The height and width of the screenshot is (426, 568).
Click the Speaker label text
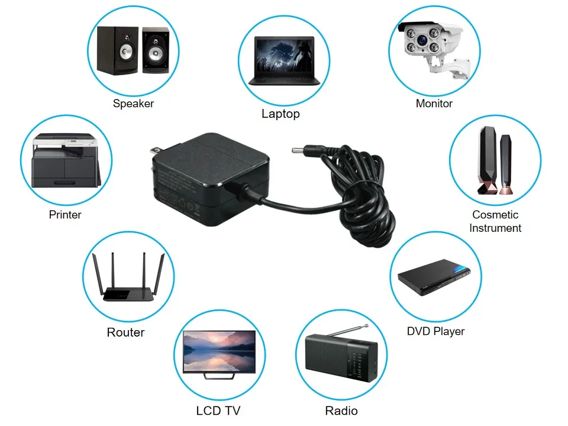coord(133,104)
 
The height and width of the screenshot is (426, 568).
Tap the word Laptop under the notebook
coord(280,114)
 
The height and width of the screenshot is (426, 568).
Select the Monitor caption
coord(434,104)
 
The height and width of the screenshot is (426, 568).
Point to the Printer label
coord(65,215)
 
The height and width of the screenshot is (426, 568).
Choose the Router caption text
coord(125,333)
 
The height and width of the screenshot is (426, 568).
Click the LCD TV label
coord(218,411)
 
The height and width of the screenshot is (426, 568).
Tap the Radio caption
coord(341,411)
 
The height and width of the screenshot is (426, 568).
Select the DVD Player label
coord(435,331)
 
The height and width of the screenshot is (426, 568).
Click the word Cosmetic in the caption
coord(495,215)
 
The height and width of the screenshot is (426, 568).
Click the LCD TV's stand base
coord(220,376)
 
